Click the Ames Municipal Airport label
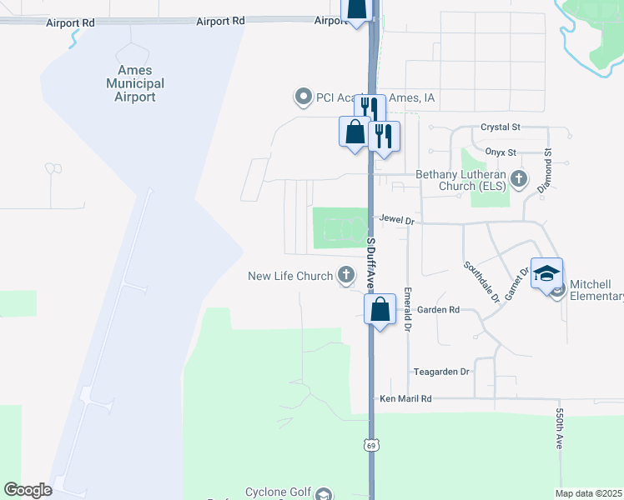(x=134, y=83)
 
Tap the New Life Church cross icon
(x=345, y=276)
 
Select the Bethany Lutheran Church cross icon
(x=519, y=178)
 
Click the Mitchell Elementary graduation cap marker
(x=547, y=275)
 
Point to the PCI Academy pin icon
(x=304, y=97)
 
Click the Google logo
(x=28, y=490)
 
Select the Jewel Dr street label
(x=397, y=220)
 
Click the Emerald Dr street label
(x=408, y=309)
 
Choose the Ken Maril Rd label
(x=405, y=399)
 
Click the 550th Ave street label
(x=560, y=429)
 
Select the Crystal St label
(x=501, y=127)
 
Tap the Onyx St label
(x=501, y=152)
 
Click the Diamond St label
(x=547, y=172)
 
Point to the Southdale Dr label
(x=481, y=282)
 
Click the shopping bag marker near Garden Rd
(x=380, y=309)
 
